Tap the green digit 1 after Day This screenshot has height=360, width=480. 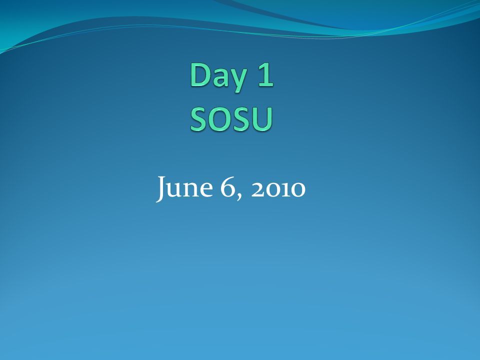click(265, 74)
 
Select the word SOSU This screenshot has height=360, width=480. click(231, 119)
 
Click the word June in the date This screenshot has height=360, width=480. click(184, 188)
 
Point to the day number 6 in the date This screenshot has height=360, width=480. click(227, 186)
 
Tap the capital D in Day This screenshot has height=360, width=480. click(200, 74)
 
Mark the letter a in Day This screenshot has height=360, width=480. click(220, 78)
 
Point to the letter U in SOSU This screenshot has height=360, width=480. click(262, 119)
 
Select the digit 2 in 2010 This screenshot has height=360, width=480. click(258, 189)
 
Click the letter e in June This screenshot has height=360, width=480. click(206, 189)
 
